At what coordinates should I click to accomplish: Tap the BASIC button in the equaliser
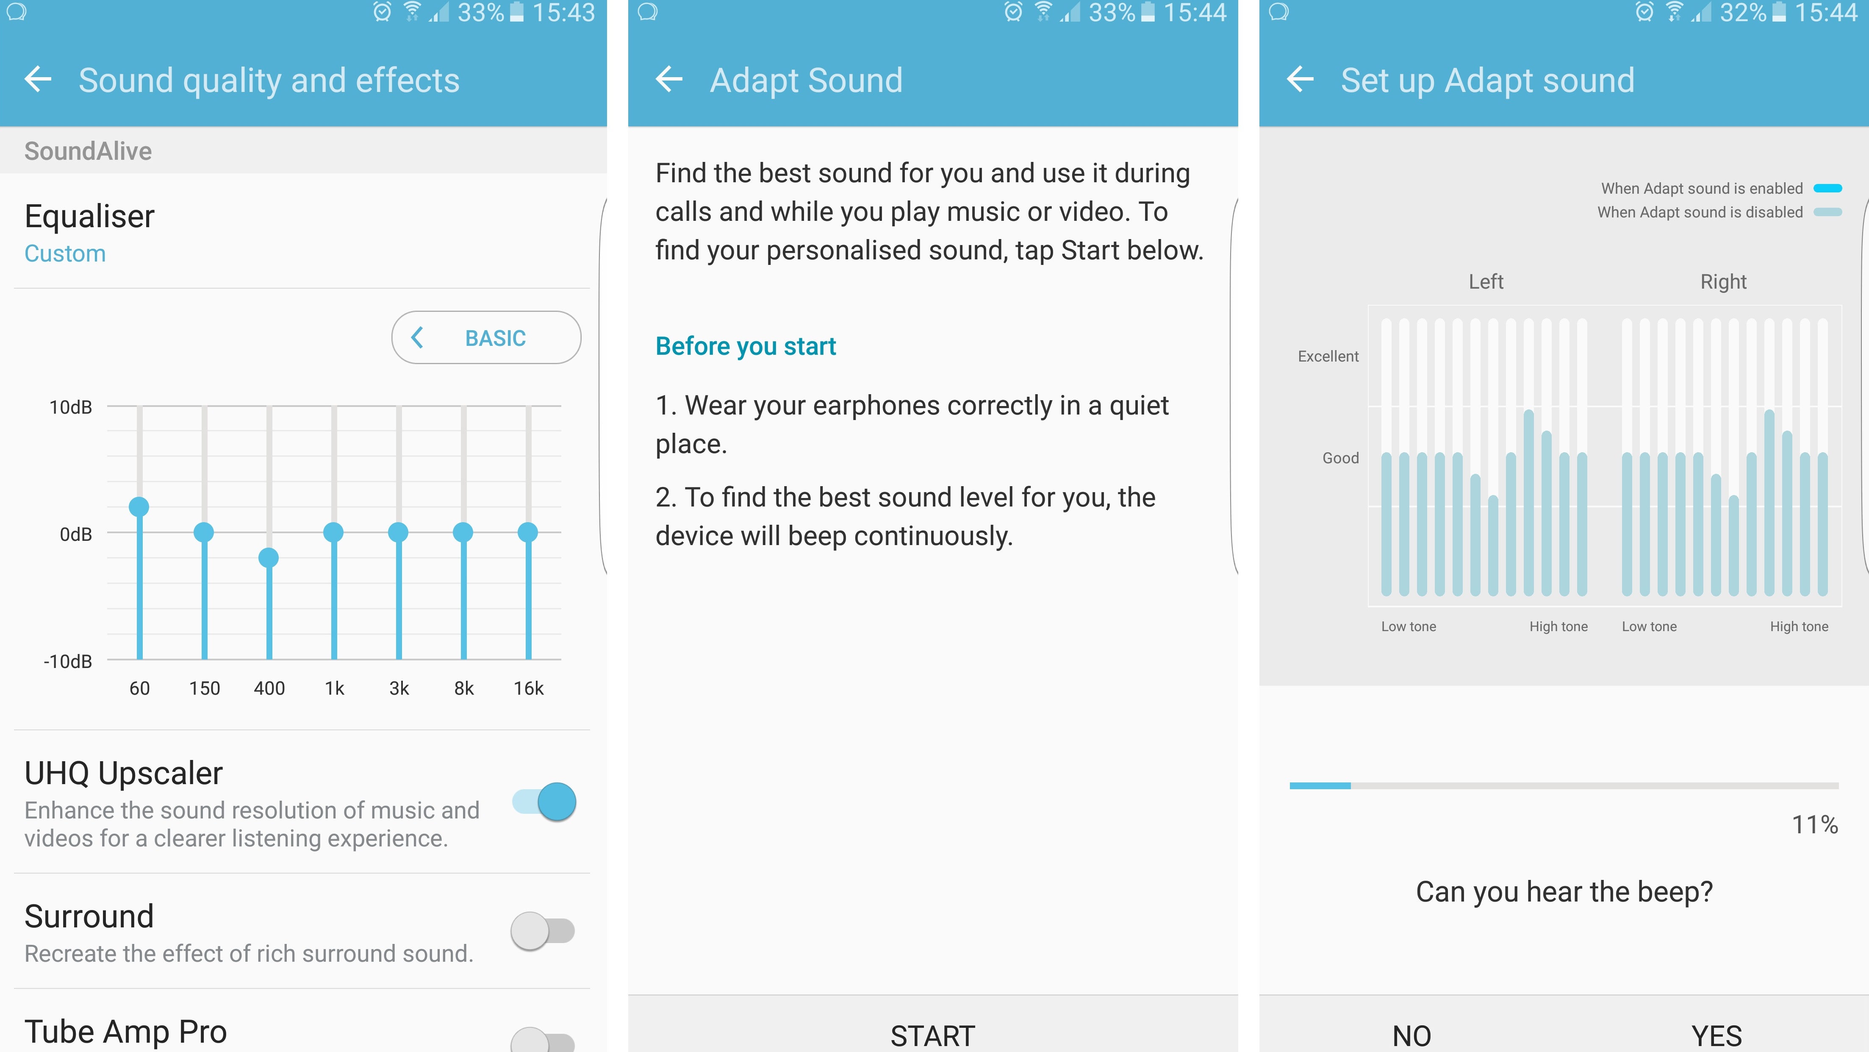click(486, 338)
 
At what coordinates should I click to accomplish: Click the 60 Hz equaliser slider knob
click(139, 507)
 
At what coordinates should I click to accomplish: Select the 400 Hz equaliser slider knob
click(269, 558)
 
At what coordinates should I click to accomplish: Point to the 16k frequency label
click(528, 688)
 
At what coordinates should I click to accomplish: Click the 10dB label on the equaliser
click(70, 407)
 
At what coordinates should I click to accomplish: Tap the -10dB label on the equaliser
click(68, 661)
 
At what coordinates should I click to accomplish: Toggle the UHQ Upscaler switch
click(544, 802)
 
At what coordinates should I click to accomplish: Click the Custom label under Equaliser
click(65, 253)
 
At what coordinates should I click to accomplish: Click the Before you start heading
click(746, 346)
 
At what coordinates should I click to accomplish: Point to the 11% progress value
click(1815, 825)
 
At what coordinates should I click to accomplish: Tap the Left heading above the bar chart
click(1486, 282)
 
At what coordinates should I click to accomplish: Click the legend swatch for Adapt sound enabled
click(1827, 189)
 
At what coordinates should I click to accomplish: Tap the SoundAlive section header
click(88, 151)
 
